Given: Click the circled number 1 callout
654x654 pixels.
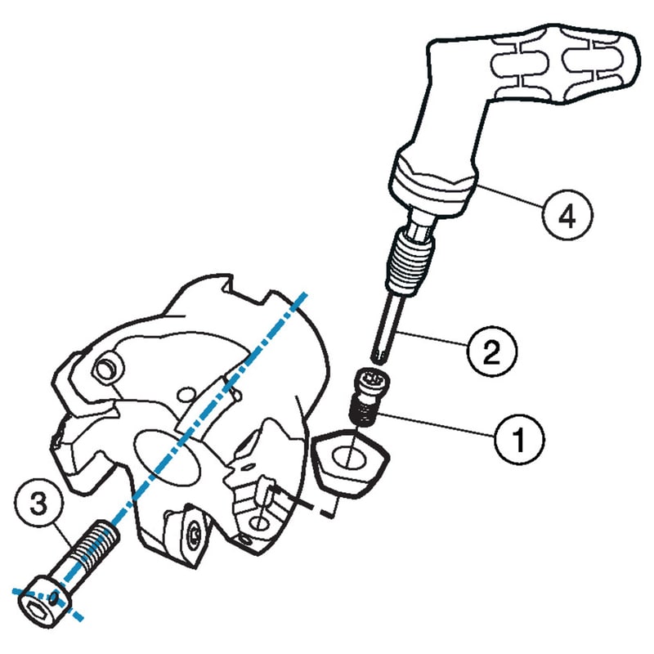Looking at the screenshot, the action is coord(519,439).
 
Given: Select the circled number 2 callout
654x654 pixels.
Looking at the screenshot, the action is coord(492,352).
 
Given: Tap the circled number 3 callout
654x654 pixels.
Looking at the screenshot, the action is coord(38,504).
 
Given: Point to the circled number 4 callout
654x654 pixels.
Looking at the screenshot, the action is coord(567,215).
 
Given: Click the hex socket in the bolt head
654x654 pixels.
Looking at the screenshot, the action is coord(35,609).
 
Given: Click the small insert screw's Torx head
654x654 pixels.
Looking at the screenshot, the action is coord(370,380).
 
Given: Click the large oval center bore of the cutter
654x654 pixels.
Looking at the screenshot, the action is coord(167,459).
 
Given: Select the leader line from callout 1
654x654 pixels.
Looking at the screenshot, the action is coord(437,424).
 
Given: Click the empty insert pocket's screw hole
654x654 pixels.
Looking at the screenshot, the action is coord(259,523).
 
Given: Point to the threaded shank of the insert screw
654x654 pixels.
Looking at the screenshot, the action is coord(362,412).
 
